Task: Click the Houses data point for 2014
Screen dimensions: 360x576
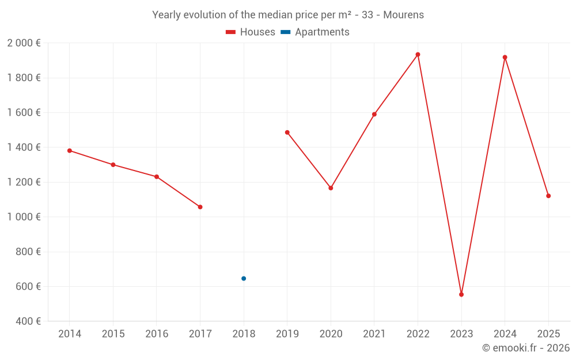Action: point(70,151)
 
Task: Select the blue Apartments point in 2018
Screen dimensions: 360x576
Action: point(244,279)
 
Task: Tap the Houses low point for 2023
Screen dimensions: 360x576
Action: point(461,294)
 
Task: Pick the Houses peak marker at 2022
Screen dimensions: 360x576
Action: point(418,55)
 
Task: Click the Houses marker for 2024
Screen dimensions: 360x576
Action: point(505,58)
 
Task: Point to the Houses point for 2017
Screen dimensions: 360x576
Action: point(200,207)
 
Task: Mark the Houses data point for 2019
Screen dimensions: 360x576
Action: point(287,132)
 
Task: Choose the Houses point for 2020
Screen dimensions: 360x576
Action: point(331,188)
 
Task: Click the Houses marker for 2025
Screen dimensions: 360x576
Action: point(548,196)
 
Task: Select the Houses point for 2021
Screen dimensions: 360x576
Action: point(374,114)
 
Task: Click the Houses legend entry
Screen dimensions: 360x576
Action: point(251,32)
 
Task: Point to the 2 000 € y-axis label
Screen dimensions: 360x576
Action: point(24,43)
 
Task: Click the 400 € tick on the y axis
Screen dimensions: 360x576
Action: point(27,321)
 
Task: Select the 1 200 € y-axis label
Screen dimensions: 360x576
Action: point(24,182)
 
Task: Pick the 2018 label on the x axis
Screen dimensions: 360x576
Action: point(244,334)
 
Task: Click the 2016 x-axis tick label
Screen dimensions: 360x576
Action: point(157,334)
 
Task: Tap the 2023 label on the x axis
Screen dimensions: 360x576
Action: point(461,334)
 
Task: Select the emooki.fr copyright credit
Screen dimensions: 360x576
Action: point(526,348)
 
